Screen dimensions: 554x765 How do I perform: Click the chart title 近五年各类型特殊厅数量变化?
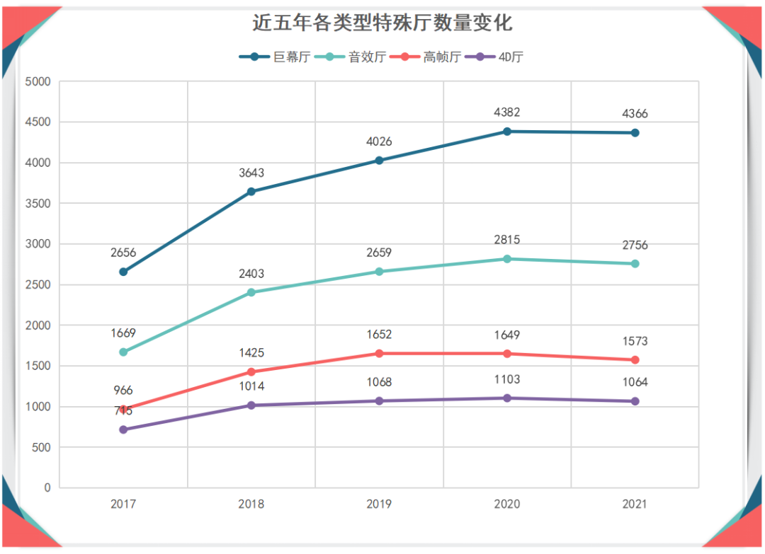click(382, 23)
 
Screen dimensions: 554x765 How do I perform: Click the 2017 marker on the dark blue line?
click(123, 272)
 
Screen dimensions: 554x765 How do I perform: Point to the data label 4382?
click(506, 112)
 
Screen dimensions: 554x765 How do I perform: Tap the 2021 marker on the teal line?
click(635, 264)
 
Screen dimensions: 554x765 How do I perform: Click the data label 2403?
click(251, 273)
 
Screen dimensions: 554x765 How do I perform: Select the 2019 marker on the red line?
click(379, 353)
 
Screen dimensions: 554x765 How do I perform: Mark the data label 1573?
click(635, 341)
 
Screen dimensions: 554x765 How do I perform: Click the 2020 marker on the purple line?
click(506, 398)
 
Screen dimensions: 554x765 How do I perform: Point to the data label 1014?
click(251, 386)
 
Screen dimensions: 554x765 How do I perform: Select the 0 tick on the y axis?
click(47, 487)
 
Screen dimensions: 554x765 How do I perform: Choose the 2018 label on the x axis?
click(251, 504)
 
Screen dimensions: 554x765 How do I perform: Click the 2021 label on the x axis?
click(635, 504)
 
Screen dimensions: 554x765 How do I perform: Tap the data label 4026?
click(379, 142)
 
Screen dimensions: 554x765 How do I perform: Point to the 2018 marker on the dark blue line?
click(251, 191)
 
